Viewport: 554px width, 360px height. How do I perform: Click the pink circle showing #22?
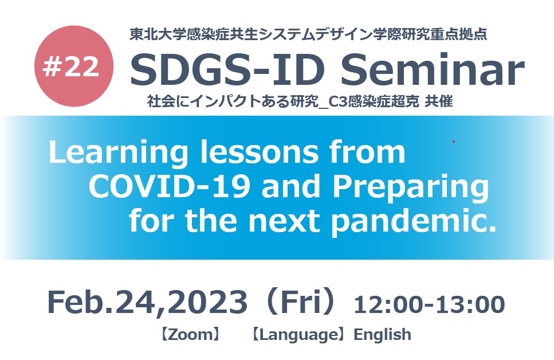(x=74, y=66)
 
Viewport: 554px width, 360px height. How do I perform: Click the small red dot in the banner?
(x=454, y=142)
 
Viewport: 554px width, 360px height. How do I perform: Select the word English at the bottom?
(x=383, y=335)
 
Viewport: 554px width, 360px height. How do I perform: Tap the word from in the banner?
(x=367, y=152)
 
